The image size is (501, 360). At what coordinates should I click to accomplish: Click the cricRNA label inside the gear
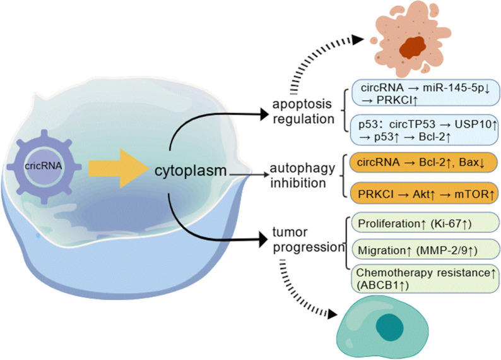(x=44, y=166)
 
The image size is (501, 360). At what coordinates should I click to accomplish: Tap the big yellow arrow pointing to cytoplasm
(x=119, y=168)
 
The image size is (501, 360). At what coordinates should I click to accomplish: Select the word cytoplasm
(x=191, y=171)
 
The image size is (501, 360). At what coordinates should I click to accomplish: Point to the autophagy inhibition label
(x=302, y=175)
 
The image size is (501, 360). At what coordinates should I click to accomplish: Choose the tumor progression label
(x=308, y=239)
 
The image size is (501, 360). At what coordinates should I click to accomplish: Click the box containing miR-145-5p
(x=425, y=93)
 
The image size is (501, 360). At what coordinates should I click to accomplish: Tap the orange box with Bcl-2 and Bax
(x=424, y=162)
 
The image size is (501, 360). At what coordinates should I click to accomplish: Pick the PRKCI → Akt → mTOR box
(x=425, y=193)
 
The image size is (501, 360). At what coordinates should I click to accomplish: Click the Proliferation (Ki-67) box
(x=425, y=222)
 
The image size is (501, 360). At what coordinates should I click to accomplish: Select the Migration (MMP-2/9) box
(x=425, y=249)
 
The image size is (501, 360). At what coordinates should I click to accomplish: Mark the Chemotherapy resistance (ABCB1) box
(x=425, y=279)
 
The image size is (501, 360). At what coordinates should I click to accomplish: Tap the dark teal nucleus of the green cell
(x=389, y=327)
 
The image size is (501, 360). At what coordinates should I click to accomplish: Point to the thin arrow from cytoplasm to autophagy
(x=249, y=174)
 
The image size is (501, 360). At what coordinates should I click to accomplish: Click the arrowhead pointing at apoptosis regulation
(x=264, y=114)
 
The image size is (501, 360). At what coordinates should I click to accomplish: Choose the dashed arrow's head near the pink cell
(x=358, y=40)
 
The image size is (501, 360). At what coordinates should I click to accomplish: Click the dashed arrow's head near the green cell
(x=333, y=314)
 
